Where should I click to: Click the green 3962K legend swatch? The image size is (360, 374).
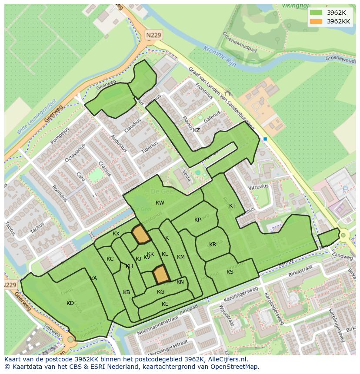click(x=316, y=13)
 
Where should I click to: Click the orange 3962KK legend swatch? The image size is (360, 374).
click(x=316, y=21)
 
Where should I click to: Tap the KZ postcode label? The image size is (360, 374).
click(x=197, y=130)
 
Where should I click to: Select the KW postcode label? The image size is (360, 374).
click(x=160, y=203)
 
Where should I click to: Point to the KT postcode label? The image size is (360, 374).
click(x=232, y=206)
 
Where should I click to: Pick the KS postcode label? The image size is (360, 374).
click(x=230, y=272)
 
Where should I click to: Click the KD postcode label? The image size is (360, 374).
click(x=70, y=303)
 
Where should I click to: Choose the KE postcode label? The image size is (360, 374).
click(x=165, y=304)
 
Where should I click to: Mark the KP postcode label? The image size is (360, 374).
click(x=198, y=220)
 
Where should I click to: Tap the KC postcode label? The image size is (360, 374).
click(x=110, y=259)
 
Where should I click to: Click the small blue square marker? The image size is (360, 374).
click(x=265, y=139)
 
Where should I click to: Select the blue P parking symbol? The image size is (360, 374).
click(x=345, y=189)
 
